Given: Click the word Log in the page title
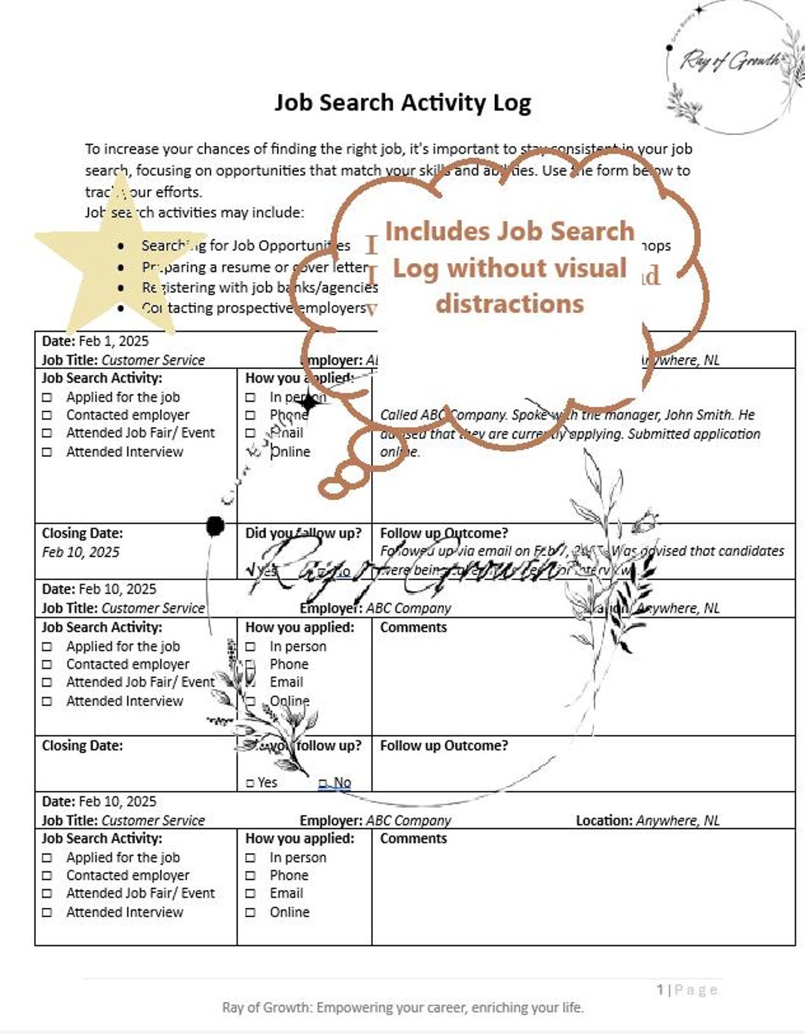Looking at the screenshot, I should tap(511, 103).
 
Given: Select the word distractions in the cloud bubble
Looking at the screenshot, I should tap(510, 304).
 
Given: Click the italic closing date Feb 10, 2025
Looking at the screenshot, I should tap(80, 552).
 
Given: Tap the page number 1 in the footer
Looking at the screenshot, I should tap(660, 990).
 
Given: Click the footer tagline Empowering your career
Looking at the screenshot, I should tap(402, 1008).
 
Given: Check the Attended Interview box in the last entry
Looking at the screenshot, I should tap(47, 912).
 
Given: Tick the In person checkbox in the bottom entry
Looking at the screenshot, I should tap(250, 858).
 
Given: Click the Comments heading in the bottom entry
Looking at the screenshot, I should tap(414, 839).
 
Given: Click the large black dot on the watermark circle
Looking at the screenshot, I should tap(215, 526).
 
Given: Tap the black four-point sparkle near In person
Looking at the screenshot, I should tap(308, 403).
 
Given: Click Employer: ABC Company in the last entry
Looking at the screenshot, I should tap(376, 821).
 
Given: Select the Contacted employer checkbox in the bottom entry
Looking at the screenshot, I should tap(47, 876).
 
